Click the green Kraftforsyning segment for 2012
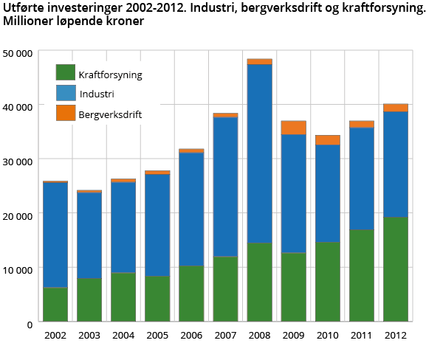coord(395,269)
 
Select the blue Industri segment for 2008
coord(259,153)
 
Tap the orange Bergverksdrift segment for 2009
coord(293,128)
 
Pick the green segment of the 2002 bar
coord(55,304)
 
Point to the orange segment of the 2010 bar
coord(327,140)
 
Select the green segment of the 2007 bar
coord(225,288)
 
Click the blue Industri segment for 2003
coord(89,235)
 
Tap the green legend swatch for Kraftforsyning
coord(66,73)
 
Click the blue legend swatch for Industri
coord(66,93)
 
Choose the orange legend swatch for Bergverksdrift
coord(66,113)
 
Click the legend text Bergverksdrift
coord(110,114)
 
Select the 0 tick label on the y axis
coord(30,323)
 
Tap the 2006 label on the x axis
coord(191,335)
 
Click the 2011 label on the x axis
coord(361,335)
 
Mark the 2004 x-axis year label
coord(123,335)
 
